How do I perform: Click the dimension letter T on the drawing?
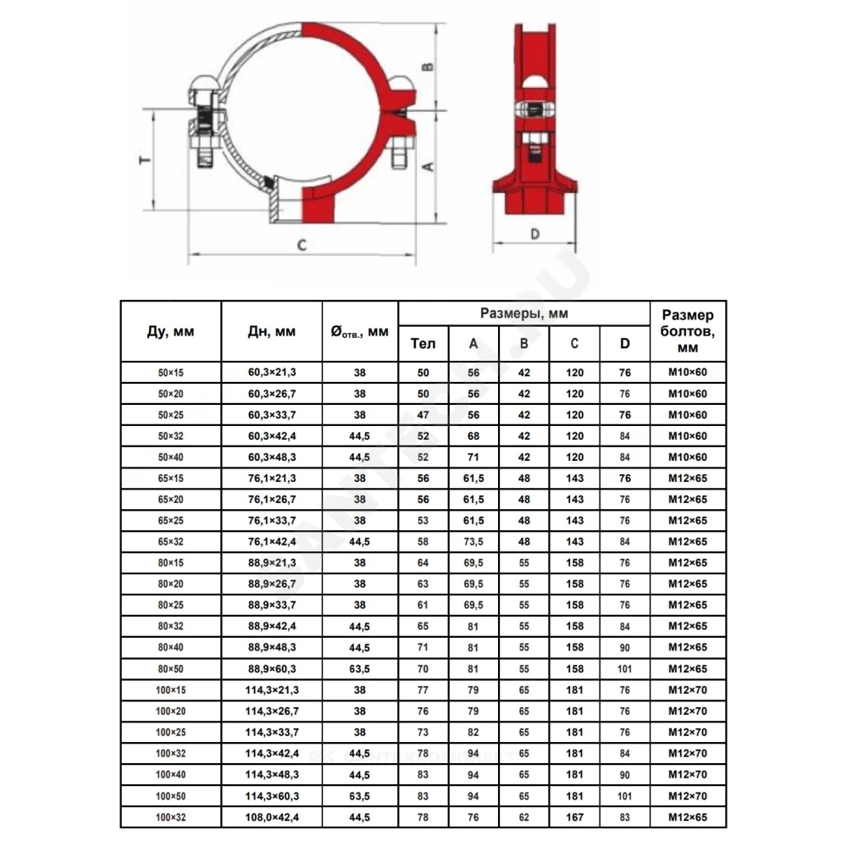point(146,160)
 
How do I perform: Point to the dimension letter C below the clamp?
point(302,246)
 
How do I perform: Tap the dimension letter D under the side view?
point(534,234)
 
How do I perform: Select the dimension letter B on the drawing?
point(428,67)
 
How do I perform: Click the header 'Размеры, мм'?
point(524,314)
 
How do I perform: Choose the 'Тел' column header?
point(423,344)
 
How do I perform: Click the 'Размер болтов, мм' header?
point(688,331)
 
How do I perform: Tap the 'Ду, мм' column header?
point(171,331)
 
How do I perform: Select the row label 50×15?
point(171,373)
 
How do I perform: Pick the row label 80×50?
point(171,669)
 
